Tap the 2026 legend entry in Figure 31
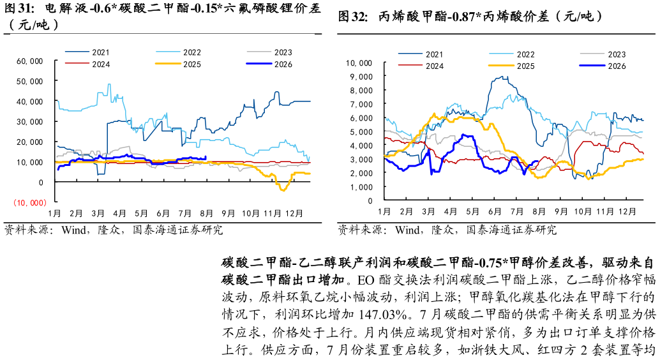point(269,64)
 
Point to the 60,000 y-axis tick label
point(29,61)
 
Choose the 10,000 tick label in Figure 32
point(359,63)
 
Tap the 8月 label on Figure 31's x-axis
point(206,213)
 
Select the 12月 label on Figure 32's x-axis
point(627,211)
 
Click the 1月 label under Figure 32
point(384,211)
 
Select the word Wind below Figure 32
point(407,230)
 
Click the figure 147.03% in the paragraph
point(382,315)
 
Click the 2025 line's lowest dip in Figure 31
point(283,190)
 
